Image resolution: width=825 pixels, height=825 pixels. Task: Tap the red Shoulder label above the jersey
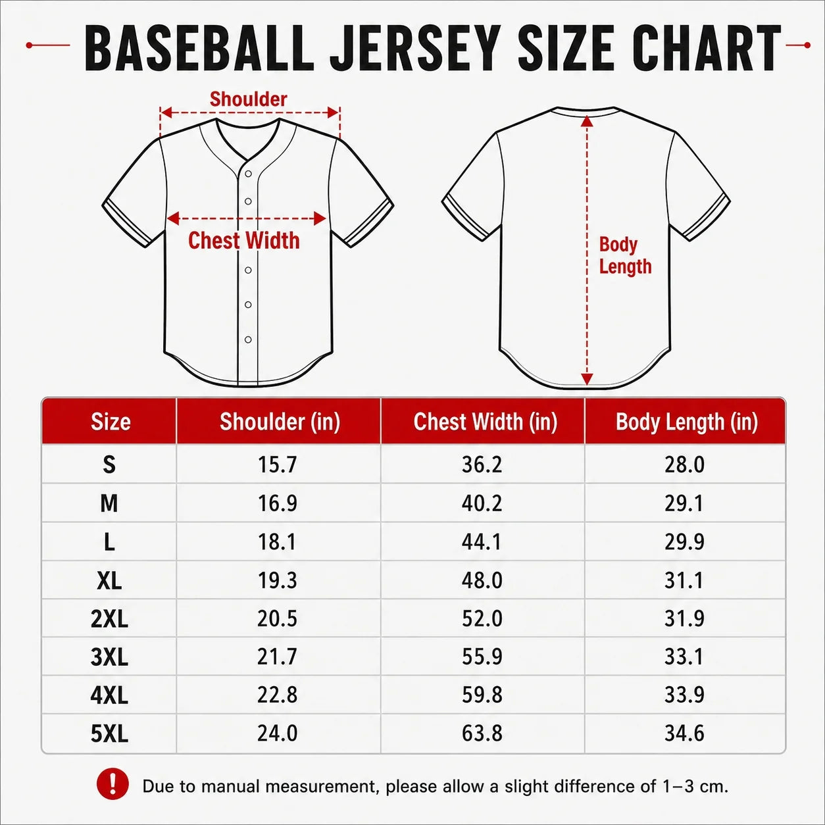(x=248, y=99)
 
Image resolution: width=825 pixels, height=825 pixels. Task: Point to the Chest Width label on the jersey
(x=243, y=240)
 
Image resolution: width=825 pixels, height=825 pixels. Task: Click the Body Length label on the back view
(x=625, y=255)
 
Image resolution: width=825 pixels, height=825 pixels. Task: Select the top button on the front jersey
(x=248, y=174)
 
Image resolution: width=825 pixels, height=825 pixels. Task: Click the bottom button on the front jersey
(x=248, y=339)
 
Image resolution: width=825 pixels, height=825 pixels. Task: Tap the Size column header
(x=111, y=422)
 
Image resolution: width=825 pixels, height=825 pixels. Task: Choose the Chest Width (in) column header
(x=485, y=422)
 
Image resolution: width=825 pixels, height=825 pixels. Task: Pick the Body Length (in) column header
(x=687, y=422)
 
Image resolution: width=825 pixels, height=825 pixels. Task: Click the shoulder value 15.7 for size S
(x=277, y=464)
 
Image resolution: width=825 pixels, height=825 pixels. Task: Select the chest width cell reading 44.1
(x=481, y=542)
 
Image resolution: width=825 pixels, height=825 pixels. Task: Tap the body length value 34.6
(x=684, y=733)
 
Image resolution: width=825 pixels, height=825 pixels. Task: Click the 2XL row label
(x=109, y=618)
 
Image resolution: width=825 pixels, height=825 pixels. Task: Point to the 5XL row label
(x=109, y=734)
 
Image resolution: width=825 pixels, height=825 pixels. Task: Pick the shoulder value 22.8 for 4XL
(x=277, y=695)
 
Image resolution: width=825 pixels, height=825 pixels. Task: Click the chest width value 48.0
(x=482, y=580)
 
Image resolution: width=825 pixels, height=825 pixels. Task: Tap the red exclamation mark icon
(x=113, y=784)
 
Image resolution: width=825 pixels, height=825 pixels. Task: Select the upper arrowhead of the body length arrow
(x=587, y=121)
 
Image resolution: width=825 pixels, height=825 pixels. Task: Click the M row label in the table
(x=109, y=503)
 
